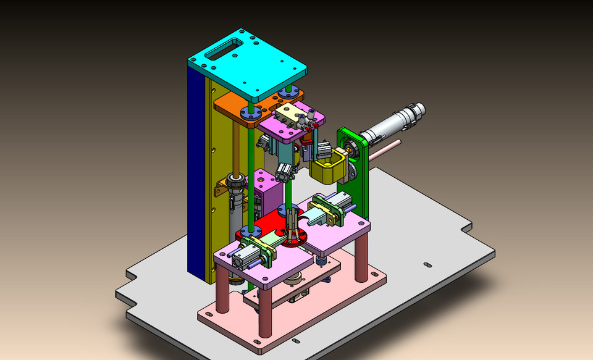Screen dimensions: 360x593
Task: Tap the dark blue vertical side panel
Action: [196, 173]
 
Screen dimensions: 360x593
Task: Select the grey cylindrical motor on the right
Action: [392, 123]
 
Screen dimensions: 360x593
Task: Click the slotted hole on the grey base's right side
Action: [427, 265]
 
